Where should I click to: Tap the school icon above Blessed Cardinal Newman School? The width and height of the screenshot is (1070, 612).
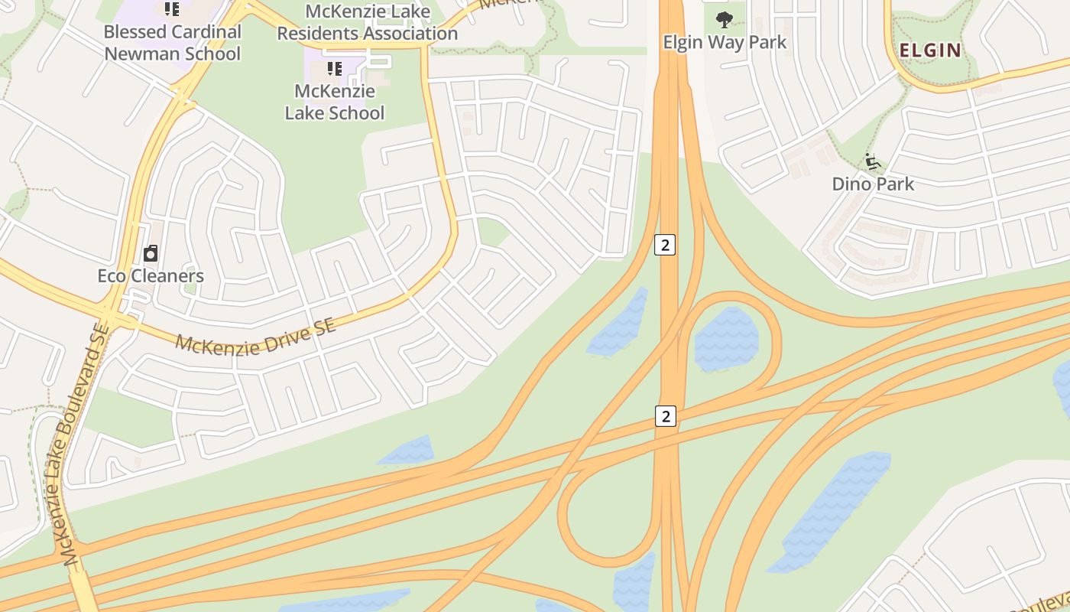point(172,9)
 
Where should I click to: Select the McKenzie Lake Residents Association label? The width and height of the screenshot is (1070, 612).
point(367,23)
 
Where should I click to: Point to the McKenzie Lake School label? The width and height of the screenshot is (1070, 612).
point(335,102)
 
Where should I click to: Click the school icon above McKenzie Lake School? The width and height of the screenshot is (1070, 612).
point(334,69)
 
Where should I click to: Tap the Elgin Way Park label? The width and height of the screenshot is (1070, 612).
point(725,42)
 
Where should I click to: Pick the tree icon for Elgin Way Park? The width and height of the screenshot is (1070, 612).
point(724,19)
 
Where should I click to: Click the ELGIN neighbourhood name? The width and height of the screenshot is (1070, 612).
point(930,50)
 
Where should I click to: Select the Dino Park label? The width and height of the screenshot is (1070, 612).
point(873,184)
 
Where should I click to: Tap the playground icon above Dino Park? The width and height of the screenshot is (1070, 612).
point(873,161)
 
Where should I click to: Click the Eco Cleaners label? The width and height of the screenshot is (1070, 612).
point(151,275)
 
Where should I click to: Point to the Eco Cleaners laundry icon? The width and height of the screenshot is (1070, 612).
point(151,253)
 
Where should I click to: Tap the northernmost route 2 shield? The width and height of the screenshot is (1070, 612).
point(666,245)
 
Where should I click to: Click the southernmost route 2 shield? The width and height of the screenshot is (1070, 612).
point(666,416)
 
